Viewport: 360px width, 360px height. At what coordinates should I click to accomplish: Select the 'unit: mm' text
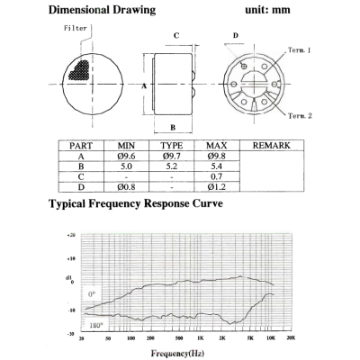click(x=269, y=11)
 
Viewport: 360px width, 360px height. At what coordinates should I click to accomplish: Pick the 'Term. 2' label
click(x=300, y=116)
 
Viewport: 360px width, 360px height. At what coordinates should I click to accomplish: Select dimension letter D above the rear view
click(x=236, y=36)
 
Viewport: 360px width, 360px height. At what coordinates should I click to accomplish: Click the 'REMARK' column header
click(x=269, y=145)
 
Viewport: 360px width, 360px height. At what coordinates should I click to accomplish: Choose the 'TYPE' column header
click(x=172, y=145)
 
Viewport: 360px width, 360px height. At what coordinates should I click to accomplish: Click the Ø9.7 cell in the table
click(x=172, y=156)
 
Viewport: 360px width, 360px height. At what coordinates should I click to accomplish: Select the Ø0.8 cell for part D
click(x=126, y=188)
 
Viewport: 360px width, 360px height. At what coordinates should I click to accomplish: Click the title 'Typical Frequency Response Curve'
click(x=135, y=205)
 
